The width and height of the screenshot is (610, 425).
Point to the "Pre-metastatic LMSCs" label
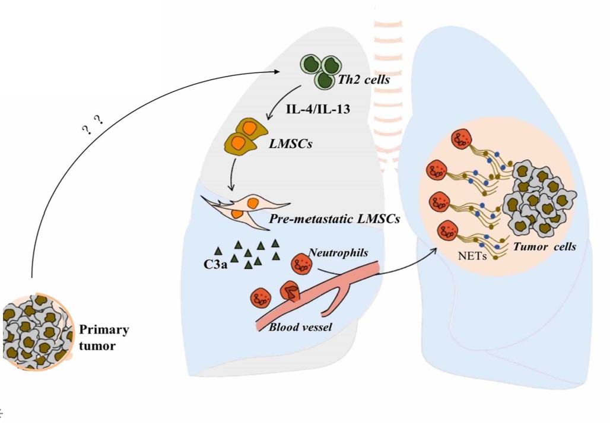334,219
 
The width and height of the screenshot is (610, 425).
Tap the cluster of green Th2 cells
318,69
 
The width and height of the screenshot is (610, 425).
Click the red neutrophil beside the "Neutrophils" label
300,265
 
